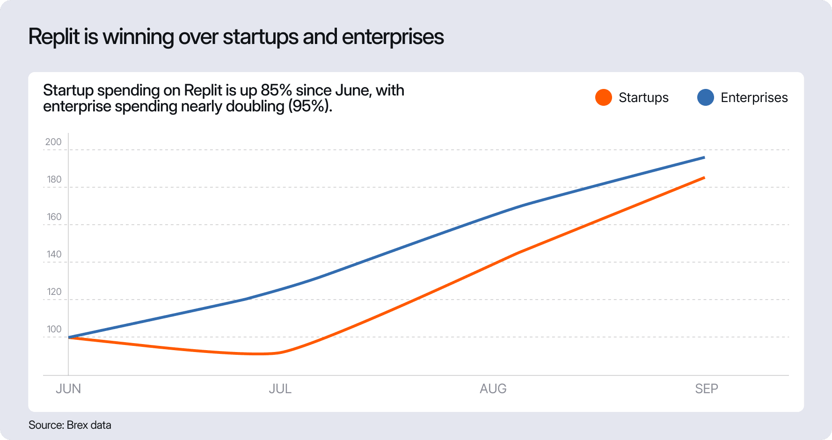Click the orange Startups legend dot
pos(603,97)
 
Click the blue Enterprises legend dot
pos(705,97)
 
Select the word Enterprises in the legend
pos(754,97)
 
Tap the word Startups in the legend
pos(643,97)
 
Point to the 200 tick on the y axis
pos(53,142)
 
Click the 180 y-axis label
pos(54,179)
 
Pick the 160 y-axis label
pos(54,217)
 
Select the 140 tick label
pos(54,254)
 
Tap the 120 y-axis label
pos(54,292)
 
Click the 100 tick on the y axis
pos(54,329)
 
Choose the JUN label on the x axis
pos(68,389)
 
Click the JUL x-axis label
pos(280,389)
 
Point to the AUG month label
pos(493,389)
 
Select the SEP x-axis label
pos(706,389)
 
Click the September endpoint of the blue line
pos(704,158)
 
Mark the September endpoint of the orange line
pos(704,178)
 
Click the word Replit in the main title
pos(54,37)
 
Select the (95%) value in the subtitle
pos(310,106)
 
